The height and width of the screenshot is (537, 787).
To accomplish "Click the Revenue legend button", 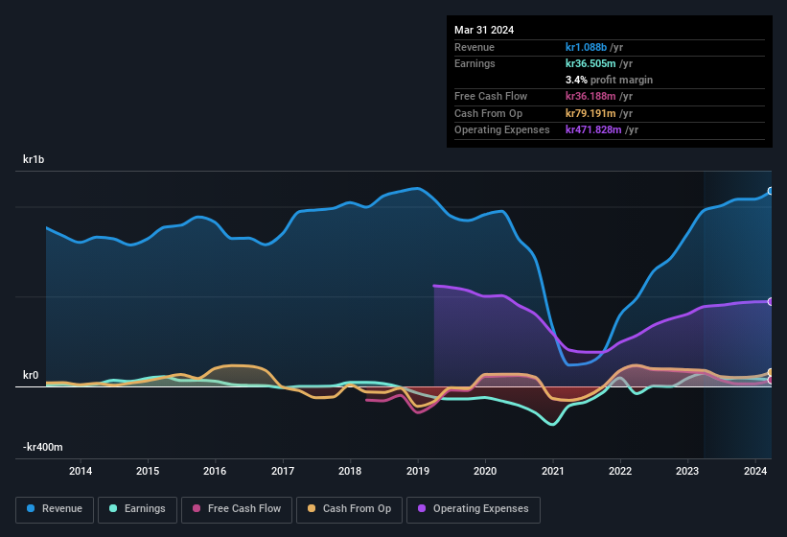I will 55,509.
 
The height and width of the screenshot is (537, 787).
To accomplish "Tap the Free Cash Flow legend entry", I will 236,509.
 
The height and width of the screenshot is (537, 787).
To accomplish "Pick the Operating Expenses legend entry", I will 474,509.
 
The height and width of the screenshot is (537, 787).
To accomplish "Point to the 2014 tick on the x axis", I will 81,471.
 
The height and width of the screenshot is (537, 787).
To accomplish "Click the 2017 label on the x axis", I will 283,471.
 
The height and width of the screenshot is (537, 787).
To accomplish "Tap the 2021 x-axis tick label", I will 552,471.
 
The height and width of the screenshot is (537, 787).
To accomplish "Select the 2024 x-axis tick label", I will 754,471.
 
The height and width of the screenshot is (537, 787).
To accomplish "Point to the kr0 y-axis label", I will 31,375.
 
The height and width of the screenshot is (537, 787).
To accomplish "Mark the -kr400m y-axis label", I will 43,447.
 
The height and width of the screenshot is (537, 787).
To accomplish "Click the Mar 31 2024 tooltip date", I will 484,30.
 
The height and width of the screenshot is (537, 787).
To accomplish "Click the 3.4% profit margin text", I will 609,81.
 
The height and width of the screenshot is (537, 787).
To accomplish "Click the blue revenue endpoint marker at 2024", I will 770,191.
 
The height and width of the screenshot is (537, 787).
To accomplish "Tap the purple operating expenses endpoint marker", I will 770,301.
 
